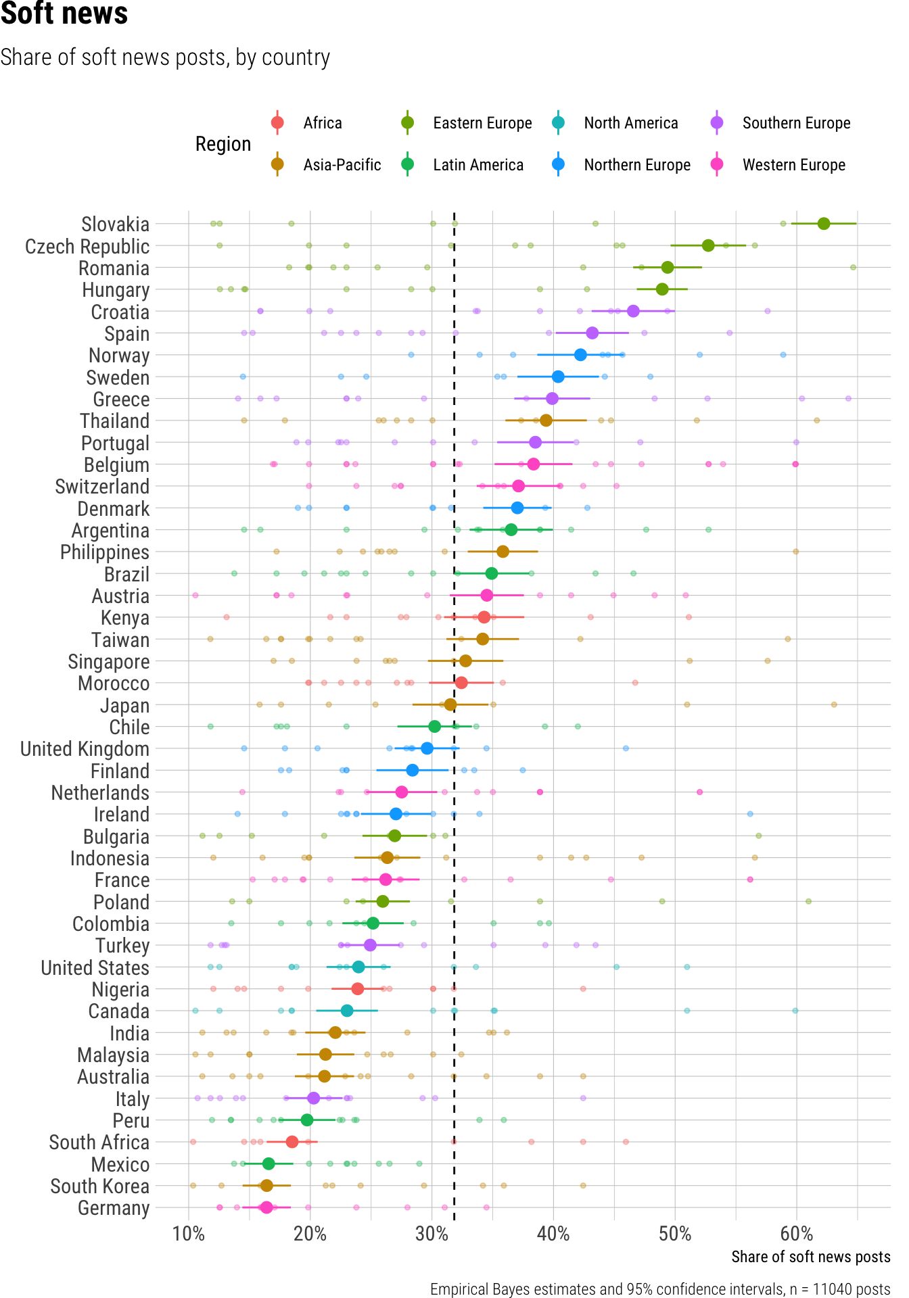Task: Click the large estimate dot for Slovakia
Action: [x=823, y=224]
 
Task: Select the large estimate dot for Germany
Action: [x=266, y=1207]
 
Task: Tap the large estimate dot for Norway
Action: [x=580, y=355]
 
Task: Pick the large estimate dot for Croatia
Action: [x=633, y=311]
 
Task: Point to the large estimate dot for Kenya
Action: [x=484, y=617]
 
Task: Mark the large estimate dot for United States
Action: [x=358, y=967]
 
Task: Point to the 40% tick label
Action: [x=553, y=1234]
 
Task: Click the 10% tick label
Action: [x=189, y=1234]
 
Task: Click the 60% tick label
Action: [x=796, y=1234]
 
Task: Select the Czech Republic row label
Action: [x=87, y=247]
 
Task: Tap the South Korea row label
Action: [x=99, y=1186]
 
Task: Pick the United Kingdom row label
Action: [x=85, y=749]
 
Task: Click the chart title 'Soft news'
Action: [x=64, y=14]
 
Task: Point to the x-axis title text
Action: [x=810, y=1257]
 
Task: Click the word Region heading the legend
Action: [x=223, y=144]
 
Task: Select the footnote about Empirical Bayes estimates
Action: [x=660, y=1289]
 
